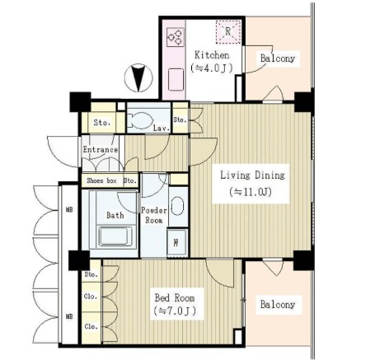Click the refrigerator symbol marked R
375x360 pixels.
pyautogui.click(x=227, y=32)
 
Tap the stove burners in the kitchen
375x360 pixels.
pyautogui.click(x=176, y=37)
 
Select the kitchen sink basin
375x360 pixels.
pyautogui.click(x=176, y=80)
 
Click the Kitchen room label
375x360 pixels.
pyautogui.click(x=212, y=55)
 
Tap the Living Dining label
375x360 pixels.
pyautogui.click(x=252, y=175)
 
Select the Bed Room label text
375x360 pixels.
pyautogui.click(x=175, y=297)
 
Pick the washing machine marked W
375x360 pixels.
pyautogui.click(x=176, y=243)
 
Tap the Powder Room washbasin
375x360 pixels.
pyautogui.click(x=176, y=206)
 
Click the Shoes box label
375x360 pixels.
pyautogui.click(x=101, y=180)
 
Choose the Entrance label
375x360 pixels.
pyautogui.click(x=101, y=150)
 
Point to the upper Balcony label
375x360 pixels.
pyautogui.click(x=278, y=58)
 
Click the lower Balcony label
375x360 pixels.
pyautogui.click(x=278, y=304)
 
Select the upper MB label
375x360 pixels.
pyautogui.click(x=69, y=210)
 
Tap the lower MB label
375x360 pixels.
pyautogui.click(x=69, y=316)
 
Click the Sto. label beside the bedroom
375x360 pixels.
pyautogui.click(x=91, y=274)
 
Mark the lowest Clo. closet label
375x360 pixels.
pyautogui.click(x=91, y=326)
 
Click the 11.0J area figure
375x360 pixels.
pyautogui.click(x=251, y=192)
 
